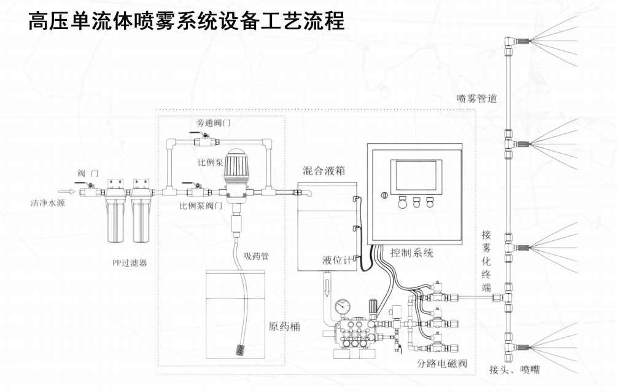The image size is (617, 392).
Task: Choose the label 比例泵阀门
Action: (x=201, y=206)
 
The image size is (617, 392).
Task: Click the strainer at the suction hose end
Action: (x=240, y=352)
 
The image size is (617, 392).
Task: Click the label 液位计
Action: (x=338, y=261)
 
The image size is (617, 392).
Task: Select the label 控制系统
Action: (x=412, y=253)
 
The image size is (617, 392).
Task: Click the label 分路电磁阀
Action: (x=442, y=363)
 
